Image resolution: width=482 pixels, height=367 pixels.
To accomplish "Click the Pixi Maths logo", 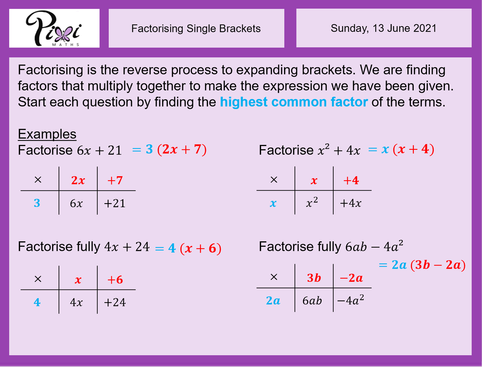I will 54,28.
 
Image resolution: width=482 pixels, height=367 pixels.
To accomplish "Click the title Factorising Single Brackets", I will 196,29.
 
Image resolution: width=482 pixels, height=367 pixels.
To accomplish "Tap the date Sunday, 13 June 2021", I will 383,28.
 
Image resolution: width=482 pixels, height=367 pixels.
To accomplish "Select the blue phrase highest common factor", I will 294,102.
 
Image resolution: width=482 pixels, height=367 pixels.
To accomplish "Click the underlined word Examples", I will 47,134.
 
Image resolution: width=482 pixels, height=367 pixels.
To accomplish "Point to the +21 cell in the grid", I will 114,204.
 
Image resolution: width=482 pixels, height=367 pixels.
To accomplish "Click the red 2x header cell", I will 78,181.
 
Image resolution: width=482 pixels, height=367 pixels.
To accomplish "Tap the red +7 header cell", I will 115,181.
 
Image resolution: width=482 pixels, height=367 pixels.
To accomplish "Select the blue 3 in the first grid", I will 37,204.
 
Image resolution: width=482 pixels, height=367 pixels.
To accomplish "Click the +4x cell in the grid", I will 350,204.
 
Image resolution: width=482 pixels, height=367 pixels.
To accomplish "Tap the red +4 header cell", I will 351,181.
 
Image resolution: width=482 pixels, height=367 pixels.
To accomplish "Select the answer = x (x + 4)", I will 401,150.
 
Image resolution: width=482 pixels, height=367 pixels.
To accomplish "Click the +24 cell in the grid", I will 114,302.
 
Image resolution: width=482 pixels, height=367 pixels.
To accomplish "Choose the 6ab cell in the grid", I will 312,300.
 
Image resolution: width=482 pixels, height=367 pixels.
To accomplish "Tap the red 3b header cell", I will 314,278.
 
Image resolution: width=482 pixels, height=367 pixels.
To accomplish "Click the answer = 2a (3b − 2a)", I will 422,265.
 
